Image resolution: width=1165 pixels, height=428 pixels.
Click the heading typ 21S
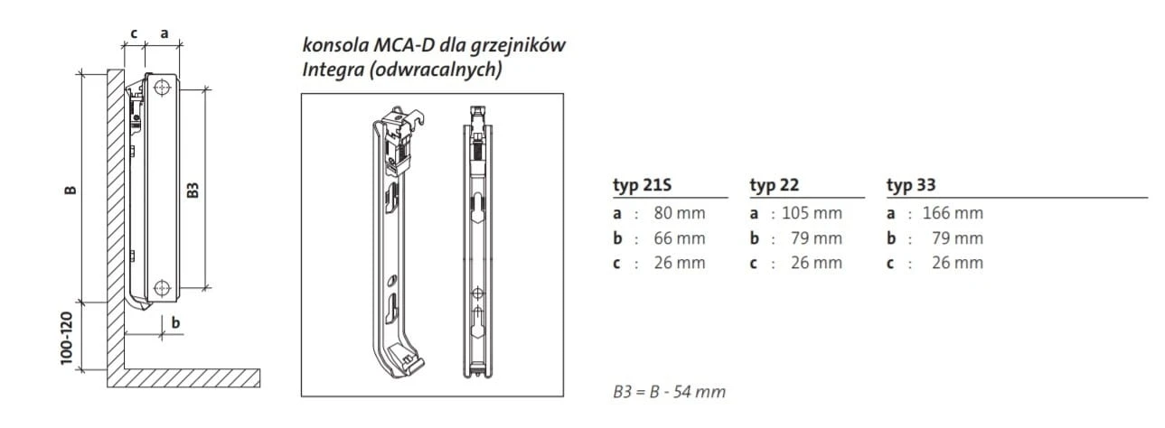pyautogui.click(x=642, y=185)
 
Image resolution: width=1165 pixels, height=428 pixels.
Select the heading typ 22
pyautogui.click(x=774, y=185)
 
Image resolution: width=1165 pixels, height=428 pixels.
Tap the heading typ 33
pyautogui.click(x=911, y=185)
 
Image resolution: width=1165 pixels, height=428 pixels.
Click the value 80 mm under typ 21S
pyautogui.click(x=680, y=213)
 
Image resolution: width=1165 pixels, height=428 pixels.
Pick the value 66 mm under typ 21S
pyautogui.click(x=680, y=238)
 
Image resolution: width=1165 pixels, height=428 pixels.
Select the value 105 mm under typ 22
pyautogui.click(x=812, y=213)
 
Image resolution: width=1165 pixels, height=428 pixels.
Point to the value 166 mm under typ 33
pyautogui.click(x=953, y=213)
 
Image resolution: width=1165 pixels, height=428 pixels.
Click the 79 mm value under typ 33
pyautogui.click(x=957, y=238)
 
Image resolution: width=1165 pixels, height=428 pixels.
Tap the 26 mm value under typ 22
pyautogui.click(x=816, y=263)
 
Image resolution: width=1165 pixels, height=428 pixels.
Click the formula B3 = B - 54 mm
pyautogui.click(x=670, y=391)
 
